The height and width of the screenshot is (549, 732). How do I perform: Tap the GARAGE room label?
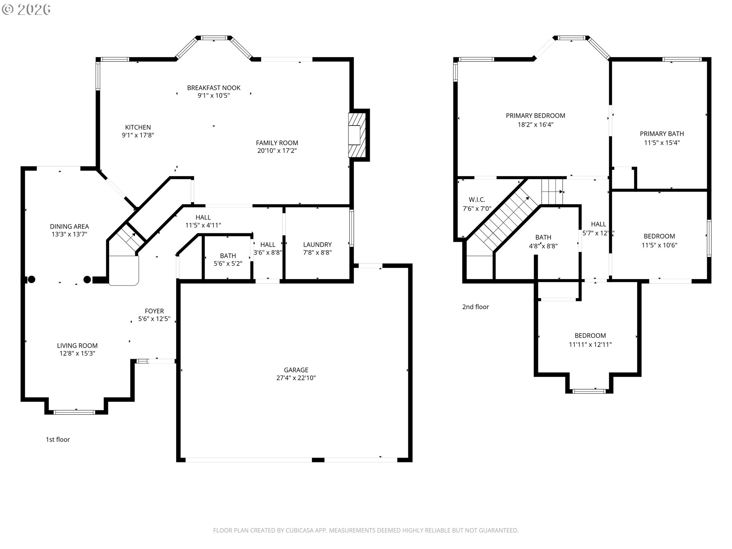pos(296,370)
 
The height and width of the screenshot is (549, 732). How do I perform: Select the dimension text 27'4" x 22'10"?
pos(296,378)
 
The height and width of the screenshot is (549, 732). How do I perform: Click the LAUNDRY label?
pos(317,244)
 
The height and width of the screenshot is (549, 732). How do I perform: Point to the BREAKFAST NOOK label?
pos(213,88)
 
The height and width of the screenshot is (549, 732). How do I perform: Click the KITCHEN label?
pos(138,127)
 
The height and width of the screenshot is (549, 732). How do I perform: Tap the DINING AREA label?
pos(69,226)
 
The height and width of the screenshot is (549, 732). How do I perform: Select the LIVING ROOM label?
pos(77,345)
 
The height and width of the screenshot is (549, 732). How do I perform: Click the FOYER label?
pos(154,311)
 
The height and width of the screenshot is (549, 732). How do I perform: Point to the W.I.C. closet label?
pos(477,200)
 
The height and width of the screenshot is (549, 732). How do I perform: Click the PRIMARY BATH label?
pos(662,134)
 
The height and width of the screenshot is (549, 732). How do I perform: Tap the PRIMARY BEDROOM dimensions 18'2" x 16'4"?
pos(535,124)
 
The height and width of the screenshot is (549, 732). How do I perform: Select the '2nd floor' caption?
pos(475,307)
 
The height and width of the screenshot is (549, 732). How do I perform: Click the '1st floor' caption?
pos(58,439)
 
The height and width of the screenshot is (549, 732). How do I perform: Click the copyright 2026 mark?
pos(26,10)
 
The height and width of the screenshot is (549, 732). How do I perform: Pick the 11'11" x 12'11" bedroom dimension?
pos(590,344)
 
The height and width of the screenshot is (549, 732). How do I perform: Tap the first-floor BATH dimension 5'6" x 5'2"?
pos(228,263)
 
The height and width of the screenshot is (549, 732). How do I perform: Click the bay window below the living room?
pos(74,412)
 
